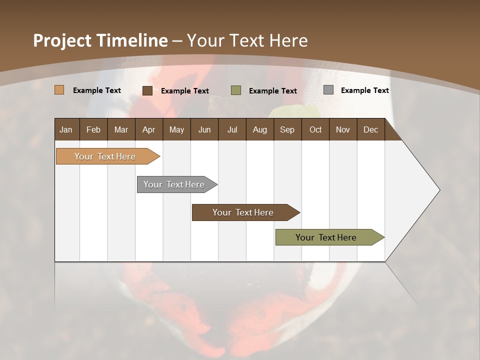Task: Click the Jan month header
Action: click(66, 129)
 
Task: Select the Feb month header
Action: click(93, 129)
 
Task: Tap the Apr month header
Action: click(148, 129)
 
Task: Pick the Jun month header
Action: click(204, 129)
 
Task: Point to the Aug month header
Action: click(259, 129)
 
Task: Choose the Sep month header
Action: click(287, 129)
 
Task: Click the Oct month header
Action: click(315, 129)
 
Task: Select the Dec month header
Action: click(370, 129)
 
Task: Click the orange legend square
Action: click(59, 90)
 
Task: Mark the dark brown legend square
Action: click(147, 90)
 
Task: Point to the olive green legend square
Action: click(236, 90)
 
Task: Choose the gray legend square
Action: click(328, 89)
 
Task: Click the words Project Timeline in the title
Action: click(100, 40)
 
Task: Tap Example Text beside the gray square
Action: click(364, 90)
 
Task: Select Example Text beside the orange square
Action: click(97, 90)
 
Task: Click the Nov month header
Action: click(343, 129)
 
